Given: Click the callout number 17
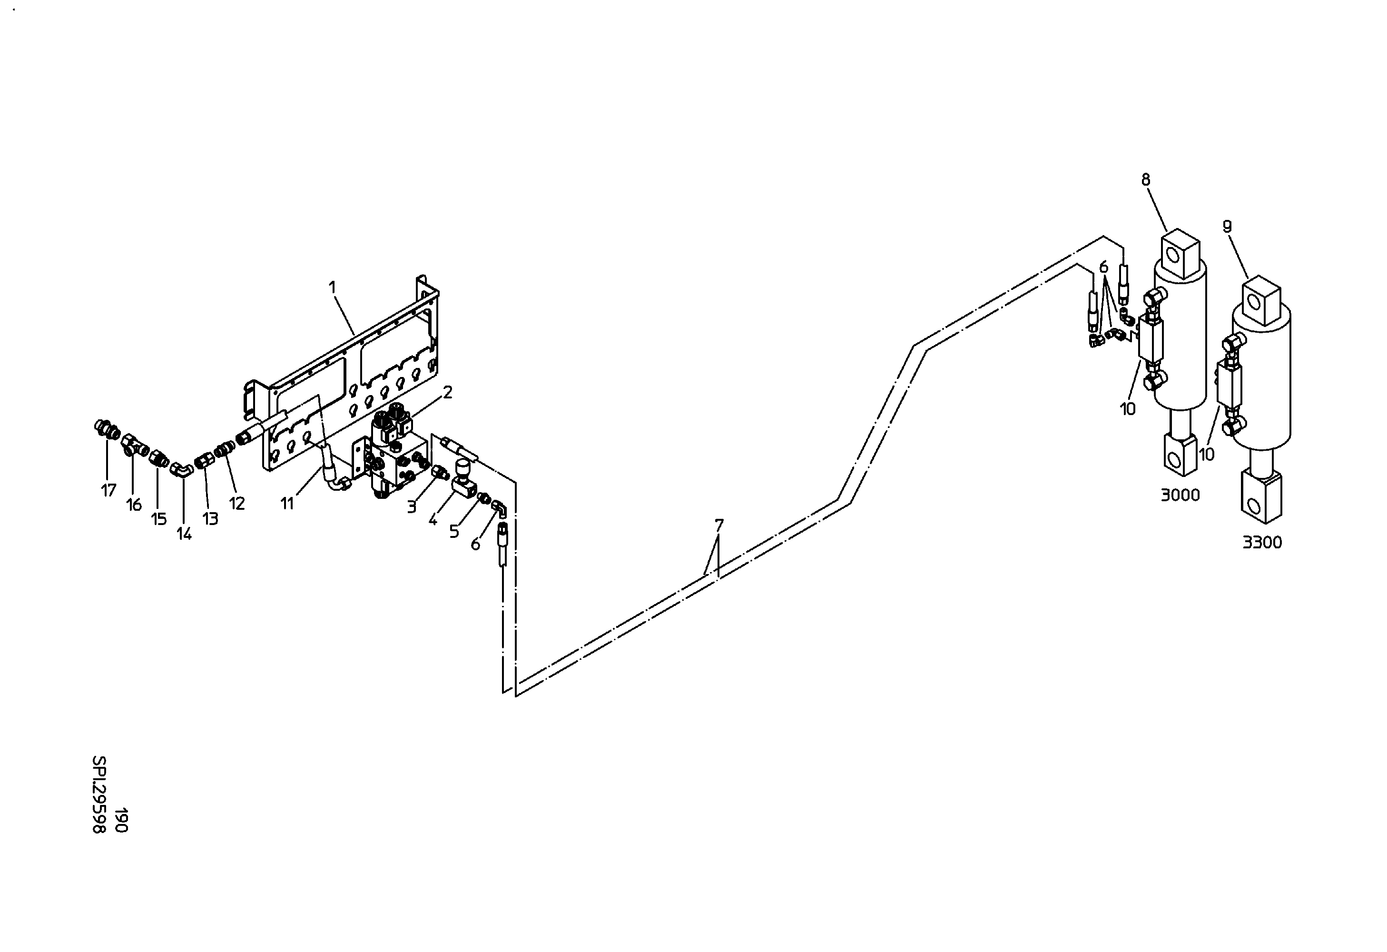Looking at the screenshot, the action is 108,491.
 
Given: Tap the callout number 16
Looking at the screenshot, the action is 134,505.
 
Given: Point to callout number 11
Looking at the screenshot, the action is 287,504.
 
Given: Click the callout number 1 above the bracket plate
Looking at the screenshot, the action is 333,288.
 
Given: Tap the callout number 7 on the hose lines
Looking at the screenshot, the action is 719,525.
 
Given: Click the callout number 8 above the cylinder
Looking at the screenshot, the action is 1146,179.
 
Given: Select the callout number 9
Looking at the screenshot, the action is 1227,226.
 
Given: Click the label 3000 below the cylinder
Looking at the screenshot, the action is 1180,495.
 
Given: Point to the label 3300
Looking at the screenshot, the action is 1262,543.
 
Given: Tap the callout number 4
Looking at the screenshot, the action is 433,520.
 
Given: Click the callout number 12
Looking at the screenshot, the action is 237,504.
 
